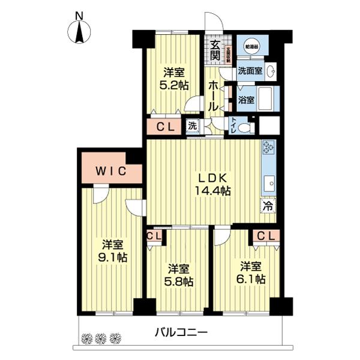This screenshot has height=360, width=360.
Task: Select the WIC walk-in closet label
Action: point(111,172)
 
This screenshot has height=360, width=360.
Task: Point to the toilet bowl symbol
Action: point(245,127)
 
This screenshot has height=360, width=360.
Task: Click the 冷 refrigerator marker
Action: point(267,205)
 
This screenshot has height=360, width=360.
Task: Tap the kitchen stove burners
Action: point(268,148)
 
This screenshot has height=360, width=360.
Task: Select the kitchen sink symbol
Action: point(268,181)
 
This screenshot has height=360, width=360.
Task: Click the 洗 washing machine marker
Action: point(192,126)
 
